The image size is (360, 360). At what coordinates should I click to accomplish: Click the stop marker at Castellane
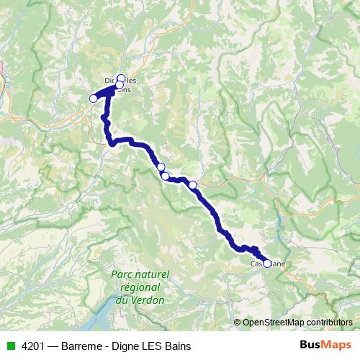267,264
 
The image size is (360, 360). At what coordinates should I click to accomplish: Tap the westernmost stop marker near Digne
93,98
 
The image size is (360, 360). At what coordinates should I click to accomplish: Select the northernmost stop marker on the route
121,78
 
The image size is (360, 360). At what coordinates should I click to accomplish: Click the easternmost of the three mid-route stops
192,184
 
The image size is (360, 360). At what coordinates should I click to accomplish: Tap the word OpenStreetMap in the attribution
273,322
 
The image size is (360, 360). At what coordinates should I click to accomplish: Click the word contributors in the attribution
329,322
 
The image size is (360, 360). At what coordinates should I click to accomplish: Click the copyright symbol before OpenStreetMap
238,322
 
